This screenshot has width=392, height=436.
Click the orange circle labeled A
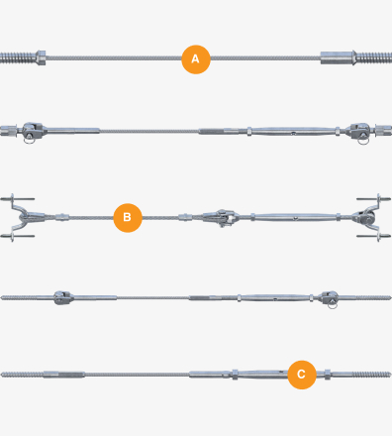196,59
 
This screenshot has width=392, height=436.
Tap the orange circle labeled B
128,218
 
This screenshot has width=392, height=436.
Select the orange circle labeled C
302,375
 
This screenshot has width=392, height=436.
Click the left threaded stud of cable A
18,57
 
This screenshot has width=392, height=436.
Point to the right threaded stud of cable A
374,57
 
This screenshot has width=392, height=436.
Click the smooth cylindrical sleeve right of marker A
337,57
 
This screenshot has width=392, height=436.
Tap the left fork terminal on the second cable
32,131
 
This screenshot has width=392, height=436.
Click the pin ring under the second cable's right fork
363,141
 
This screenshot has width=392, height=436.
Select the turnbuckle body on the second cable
293,131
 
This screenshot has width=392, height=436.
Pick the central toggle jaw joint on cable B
221,217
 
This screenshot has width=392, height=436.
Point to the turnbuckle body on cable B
296,217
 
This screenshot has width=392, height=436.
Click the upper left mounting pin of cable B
17,199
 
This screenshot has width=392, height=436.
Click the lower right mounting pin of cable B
374,236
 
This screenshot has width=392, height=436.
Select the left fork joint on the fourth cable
62,297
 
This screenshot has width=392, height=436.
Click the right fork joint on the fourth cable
330,298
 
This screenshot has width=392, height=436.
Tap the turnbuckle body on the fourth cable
275,298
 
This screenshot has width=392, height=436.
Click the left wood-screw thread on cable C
22,375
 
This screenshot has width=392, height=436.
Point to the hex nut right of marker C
327,375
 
